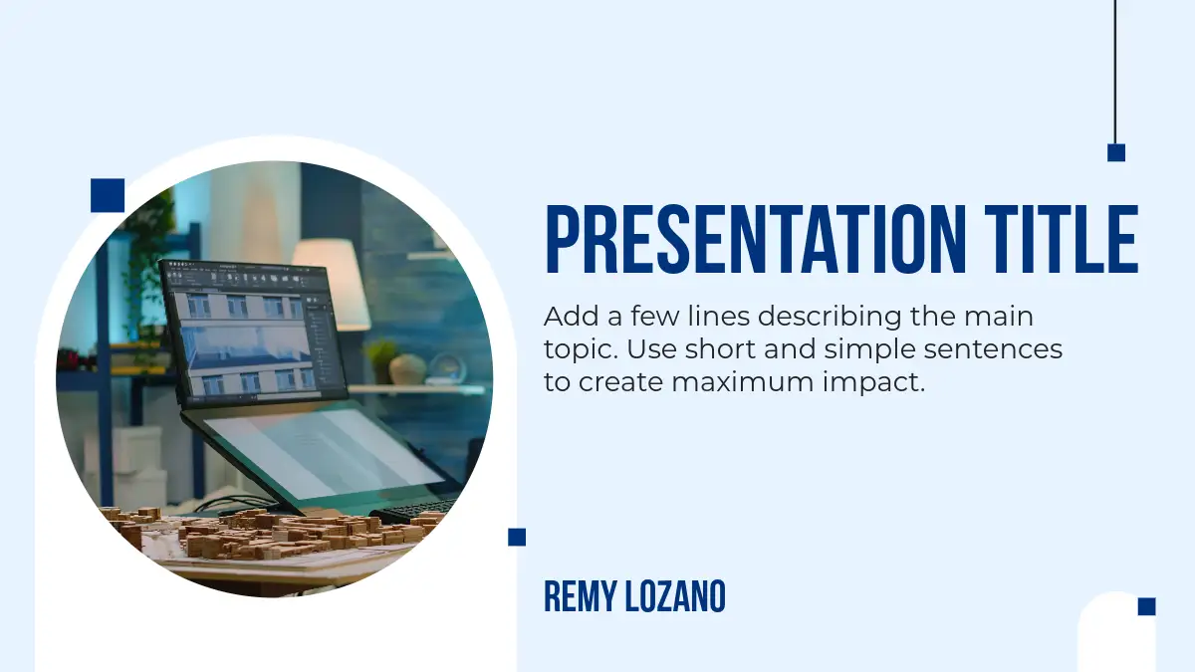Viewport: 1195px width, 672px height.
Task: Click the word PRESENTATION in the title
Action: (x=756, y=240)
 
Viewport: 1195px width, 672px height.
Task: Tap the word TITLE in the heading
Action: (x=1062, y=240)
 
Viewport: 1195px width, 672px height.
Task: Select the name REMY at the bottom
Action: (x=581, y=596)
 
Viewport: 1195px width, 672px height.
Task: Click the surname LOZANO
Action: (x=675, y=596)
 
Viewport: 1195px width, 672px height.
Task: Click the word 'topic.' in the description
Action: (x=581, y=350)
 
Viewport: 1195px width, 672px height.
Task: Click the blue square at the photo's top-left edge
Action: (x=108, y=195)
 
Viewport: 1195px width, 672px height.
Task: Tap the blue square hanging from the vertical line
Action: (x=1116, y=152)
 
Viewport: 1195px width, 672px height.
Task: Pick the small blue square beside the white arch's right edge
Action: (x=517, y=537)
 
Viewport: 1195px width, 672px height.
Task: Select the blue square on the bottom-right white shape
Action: (x=1147, y=606)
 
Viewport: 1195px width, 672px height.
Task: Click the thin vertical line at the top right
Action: (x=1115, y=72)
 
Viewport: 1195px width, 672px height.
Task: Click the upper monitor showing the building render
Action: (x=253, y=332)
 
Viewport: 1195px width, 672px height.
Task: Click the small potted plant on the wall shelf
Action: (x=381, y=358)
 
